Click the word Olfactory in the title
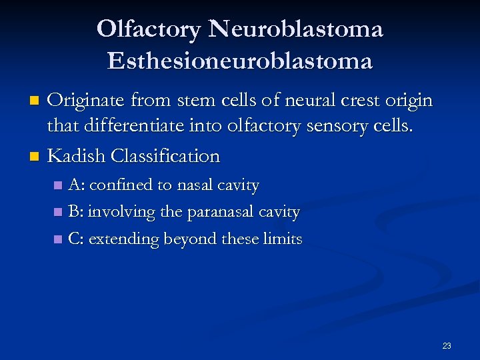click(x=149, y=29)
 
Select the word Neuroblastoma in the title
click(x=295, y=29)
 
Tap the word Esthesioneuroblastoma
click(x=240, y=61)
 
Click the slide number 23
click(x=446, y=345)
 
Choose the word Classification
click(x=165, y=156)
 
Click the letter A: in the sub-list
click(x=76, y=185)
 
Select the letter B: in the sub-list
click(x=75, y=212)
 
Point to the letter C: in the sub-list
click(x=75, y=239)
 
